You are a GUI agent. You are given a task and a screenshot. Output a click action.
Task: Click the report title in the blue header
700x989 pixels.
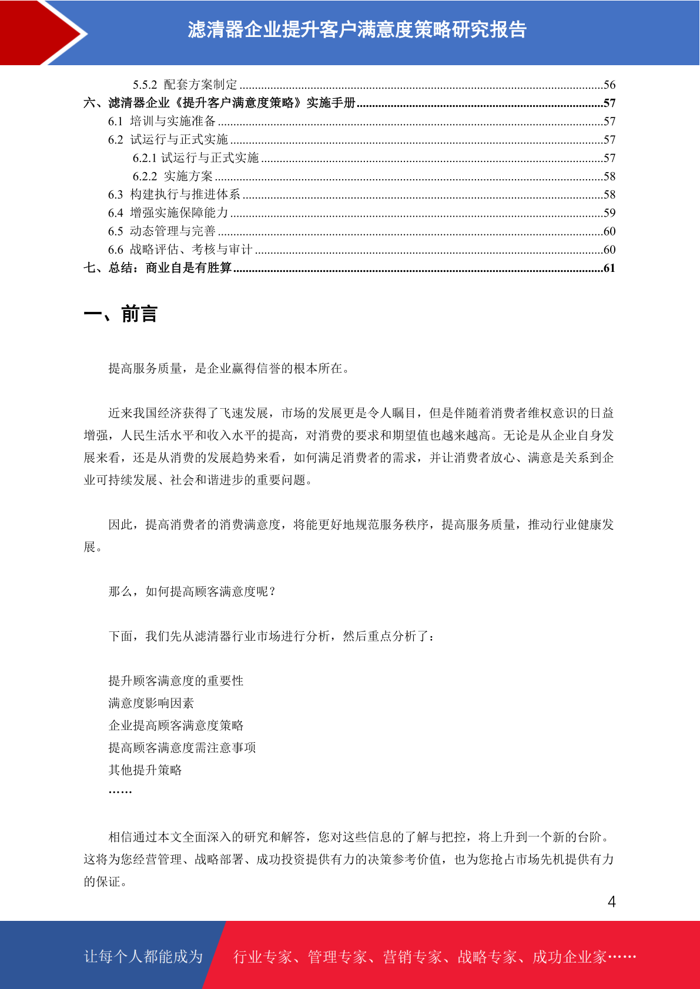357,30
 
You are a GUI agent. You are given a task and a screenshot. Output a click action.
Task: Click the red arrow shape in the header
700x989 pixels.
35,32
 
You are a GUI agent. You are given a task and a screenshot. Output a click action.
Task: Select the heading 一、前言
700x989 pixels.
120,314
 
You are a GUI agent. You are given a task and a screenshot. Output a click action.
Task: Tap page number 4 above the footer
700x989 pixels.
611,902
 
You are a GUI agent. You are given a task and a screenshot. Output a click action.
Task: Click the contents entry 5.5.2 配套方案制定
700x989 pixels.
185,85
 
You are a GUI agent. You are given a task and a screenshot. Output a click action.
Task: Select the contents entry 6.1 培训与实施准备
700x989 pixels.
162,121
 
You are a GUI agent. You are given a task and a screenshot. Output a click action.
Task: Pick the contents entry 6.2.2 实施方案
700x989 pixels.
173,176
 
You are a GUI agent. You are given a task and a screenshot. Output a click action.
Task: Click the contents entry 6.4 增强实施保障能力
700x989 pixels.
168,213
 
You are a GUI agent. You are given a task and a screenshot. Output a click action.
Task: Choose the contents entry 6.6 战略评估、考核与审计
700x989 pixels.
180,250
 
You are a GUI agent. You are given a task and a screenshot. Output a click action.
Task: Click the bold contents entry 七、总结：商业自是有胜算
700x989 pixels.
158,268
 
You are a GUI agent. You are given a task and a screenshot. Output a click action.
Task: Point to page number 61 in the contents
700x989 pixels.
609,268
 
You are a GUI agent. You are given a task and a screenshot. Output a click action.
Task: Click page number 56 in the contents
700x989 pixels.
609,85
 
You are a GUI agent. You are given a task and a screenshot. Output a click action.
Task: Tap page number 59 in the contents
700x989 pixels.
609,213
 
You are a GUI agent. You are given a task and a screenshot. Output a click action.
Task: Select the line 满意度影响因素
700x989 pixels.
151,703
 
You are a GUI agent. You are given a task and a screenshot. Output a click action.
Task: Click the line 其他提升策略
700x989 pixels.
145,770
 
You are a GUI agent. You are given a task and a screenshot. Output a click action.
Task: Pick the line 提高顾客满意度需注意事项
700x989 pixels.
182,748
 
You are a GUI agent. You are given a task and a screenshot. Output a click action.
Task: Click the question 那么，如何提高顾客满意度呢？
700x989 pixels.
192,591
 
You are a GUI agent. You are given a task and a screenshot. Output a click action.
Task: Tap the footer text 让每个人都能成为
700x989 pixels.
143,957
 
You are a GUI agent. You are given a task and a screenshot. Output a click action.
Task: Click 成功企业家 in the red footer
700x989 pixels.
569,957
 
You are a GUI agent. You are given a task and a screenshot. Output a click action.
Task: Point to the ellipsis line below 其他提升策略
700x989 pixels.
120,792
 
